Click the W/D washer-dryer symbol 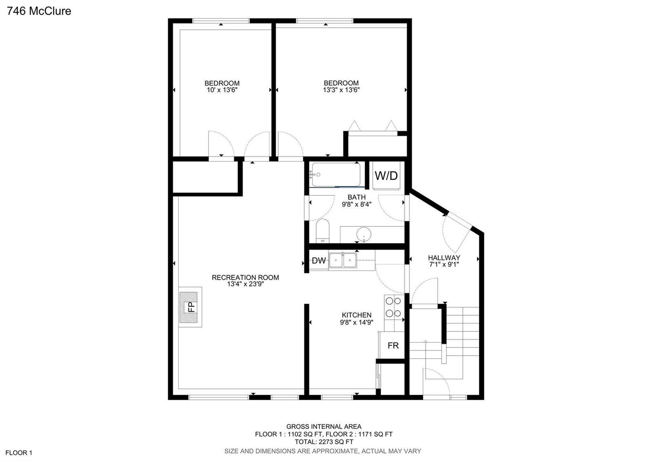pyautogui.click(x=386, y=175)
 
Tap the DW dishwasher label pyautogui.click(x=319, y=261)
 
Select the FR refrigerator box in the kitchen pyautogui.click(x=392, y=346)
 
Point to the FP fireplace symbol pyautogui.click(x=190, y=307)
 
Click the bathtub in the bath pyautogui.click(x=336, y=175)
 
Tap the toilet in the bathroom pyautogui.click(x=322, y=231)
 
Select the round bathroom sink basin pyautogui.click(x=364, y=234)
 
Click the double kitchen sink pyautogui.click(x=342, y=260)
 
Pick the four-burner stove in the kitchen pyautogui.click(x=394, y=307)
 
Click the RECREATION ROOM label pyautogui.click(x=245, y=277)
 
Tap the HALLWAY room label pyautogui.click(x=444, y=257)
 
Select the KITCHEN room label pyautogui.click(x=357, y=315)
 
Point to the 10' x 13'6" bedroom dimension pyautogui.click(x=222, y=90)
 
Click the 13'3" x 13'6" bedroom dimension pyautogui.click(x=341, y=90)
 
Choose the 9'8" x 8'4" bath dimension pyautogui.click(x=357, y=204)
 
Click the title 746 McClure pyautogui.click(x=39, y=11)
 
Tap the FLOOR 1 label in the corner pyautogui.click(x=19, y=453)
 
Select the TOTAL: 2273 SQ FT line pyautogui.click(x=324, y=442)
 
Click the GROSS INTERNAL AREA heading pyautogui.click(x=324, y=427)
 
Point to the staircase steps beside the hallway pyautogui.click(x=462, y=335)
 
